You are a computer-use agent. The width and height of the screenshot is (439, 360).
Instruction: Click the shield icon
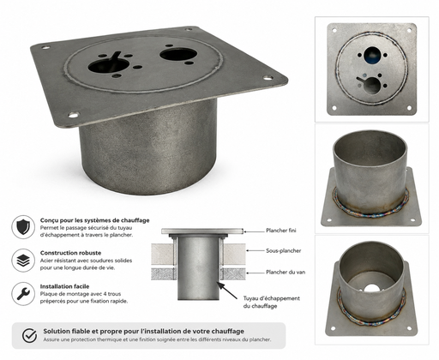tap(23, 227)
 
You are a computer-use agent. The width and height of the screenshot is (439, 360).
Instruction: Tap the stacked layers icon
tap(23, 261)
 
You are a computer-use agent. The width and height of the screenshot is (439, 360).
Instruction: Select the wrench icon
tap(23, 293)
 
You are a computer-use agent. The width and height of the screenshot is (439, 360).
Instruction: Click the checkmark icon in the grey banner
tap(29, 335)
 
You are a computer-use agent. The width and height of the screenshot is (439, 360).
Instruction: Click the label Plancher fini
tap(281, 231)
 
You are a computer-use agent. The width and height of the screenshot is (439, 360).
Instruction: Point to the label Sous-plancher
tap(284, 251)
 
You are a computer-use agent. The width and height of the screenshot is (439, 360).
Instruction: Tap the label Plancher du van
tap(286, 272)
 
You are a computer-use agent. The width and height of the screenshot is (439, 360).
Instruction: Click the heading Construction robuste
tap(70, 253)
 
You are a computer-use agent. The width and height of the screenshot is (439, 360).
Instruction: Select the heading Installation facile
tap(64, 286)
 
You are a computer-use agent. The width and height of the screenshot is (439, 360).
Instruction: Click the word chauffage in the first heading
tap(135, 220)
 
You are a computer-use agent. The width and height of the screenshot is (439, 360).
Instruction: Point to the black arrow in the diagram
tap(226, 291)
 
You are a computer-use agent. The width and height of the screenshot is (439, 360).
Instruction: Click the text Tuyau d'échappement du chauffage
tap(272, 302)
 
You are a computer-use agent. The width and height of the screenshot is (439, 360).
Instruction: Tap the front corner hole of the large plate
tap(74, 115)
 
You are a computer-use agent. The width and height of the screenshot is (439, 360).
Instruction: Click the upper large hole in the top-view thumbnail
tap(371, 55)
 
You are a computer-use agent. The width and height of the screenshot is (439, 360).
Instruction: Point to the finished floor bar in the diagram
tap(202, 231)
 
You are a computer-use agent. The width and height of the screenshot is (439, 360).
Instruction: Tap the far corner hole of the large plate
tap(188, 29)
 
